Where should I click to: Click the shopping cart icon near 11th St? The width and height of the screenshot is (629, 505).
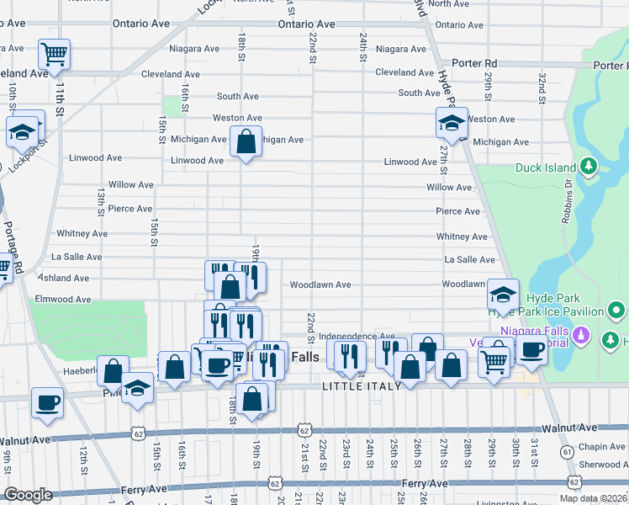click(54, 55)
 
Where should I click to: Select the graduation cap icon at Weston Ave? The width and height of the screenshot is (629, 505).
click(452, 124)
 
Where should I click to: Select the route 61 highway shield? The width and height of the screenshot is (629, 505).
click(568, 452)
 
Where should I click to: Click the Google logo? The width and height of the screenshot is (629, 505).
click(29, 495)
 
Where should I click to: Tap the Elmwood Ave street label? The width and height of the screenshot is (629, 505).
click(60, 299)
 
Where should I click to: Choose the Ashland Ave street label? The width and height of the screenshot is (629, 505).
click(62, 278)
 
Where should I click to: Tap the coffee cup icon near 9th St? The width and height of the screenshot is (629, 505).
click(47, 402)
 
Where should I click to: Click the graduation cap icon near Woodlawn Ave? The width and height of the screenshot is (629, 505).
click(503, 295)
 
